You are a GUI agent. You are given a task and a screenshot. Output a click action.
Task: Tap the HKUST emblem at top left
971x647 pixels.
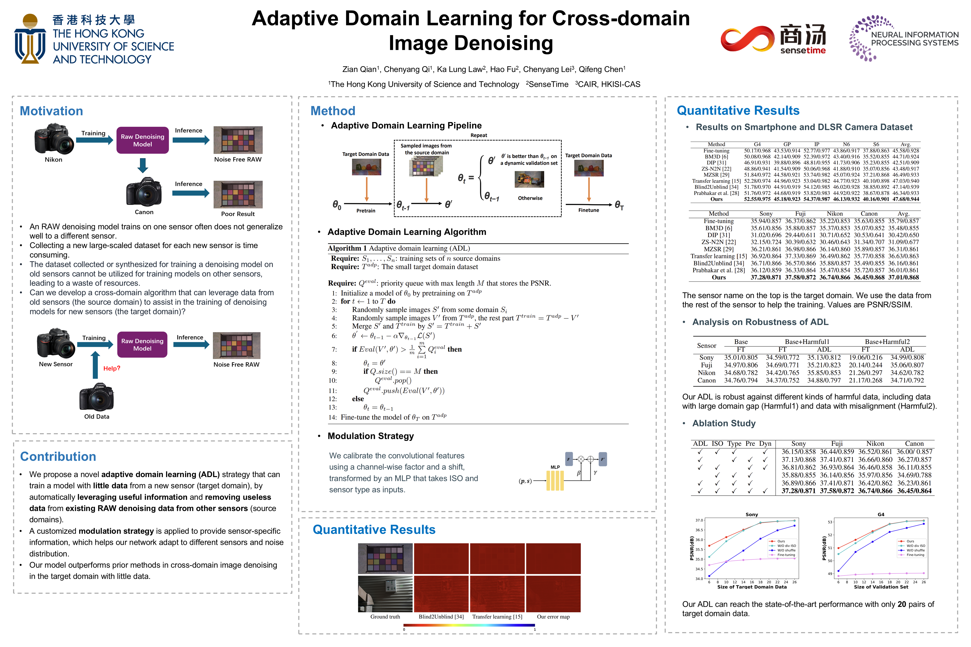(x=30, y=39)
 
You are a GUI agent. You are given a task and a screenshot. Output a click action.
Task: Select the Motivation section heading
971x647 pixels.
(x=51, y=111)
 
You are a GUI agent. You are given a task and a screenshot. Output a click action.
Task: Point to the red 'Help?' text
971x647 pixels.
(x=111, y=368)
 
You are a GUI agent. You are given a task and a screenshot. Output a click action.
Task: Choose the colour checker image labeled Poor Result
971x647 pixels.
(x=238, y=194)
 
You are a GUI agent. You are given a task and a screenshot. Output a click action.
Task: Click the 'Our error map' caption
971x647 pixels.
(x=553, y=617)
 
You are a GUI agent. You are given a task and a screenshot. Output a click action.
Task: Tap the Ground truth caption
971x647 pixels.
(x=385, y=617)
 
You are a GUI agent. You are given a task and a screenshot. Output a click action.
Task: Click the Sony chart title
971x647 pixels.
(x=752, y=514)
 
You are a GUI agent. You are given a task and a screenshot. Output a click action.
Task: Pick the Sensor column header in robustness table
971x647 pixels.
(x=706, y=346)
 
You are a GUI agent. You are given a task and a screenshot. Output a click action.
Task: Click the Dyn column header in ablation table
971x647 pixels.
(x=765, y=444)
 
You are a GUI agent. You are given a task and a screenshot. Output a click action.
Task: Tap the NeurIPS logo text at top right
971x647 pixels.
(x=915, y=39)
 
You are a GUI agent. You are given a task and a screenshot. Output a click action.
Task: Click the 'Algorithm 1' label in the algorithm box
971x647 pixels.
(x=347, y=248)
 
